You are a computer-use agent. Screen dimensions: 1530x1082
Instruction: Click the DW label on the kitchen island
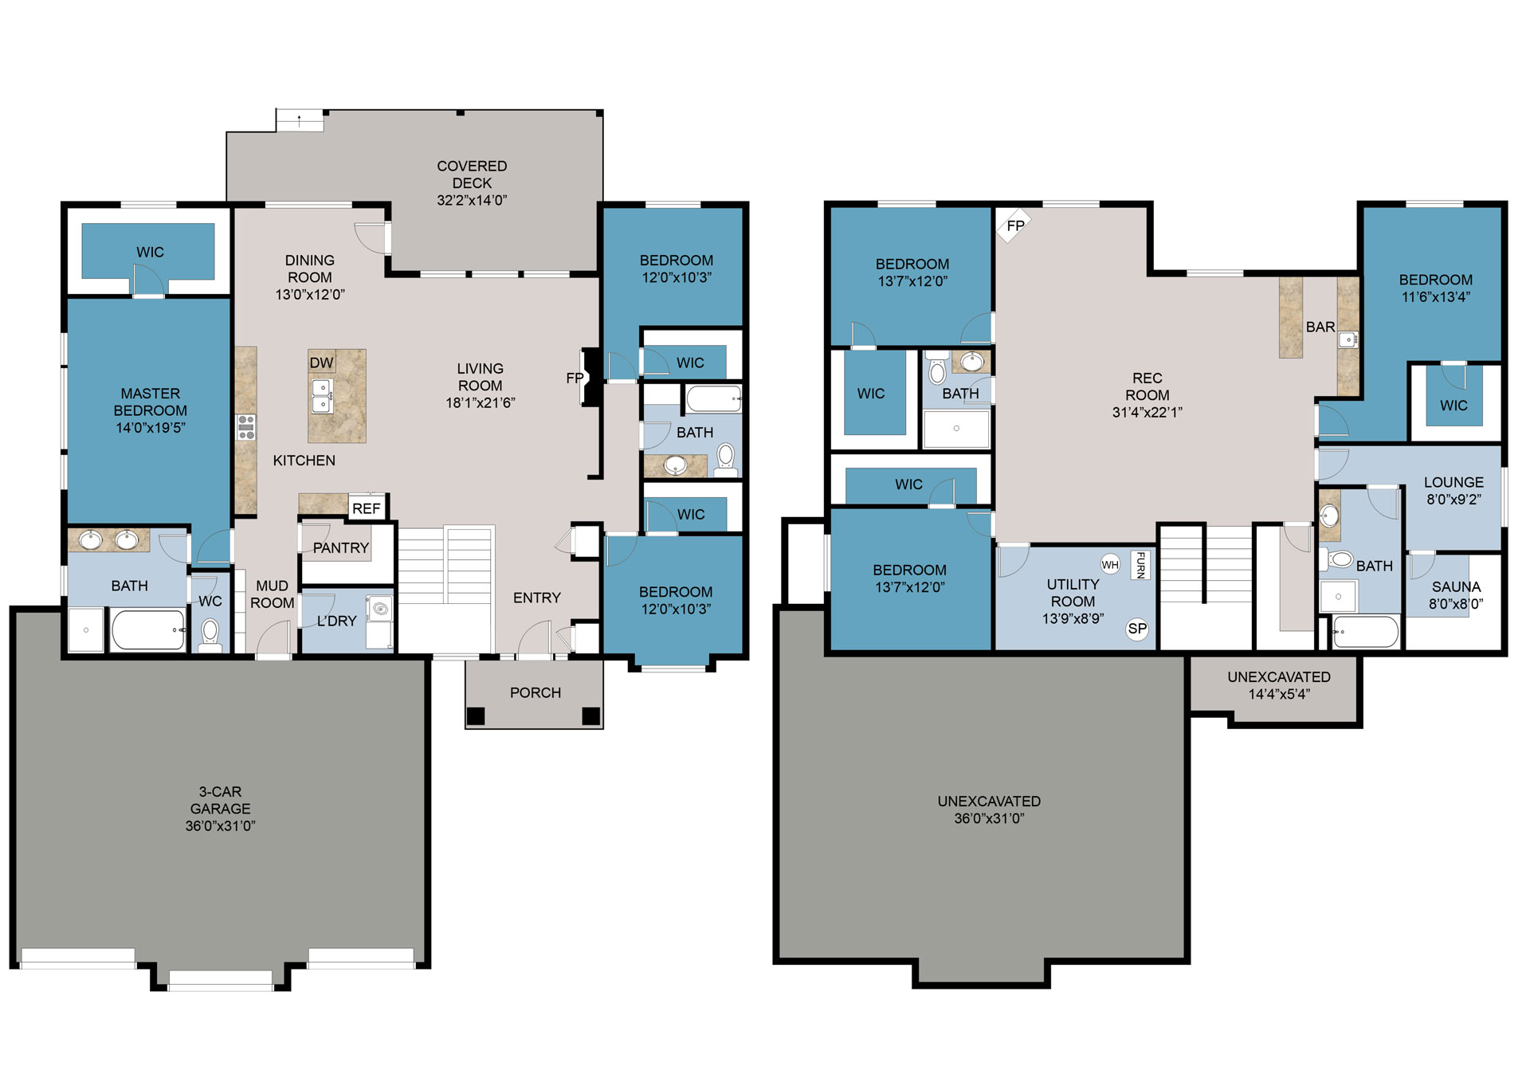(321, 363)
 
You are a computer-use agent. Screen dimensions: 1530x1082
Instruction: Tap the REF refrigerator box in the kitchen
(367, 508)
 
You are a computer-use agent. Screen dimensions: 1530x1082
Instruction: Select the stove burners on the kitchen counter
(246, 427)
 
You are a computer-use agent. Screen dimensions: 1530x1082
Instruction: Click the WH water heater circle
(1110, 565)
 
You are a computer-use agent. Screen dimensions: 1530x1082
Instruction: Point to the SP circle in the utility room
(1137, 629)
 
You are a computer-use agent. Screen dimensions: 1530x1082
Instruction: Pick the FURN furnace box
(1140, 565)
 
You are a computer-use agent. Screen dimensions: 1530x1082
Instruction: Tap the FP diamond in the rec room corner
(1014, 225)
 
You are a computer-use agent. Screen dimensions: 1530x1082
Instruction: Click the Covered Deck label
(472, 183)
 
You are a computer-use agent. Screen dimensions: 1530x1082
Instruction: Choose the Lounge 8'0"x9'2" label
(1453, 491)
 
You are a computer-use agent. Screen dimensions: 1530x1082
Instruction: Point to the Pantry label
(340, 548)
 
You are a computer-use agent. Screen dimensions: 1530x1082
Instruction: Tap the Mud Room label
(273, 594)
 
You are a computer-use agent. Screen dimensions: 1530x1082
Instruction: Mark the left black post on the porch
(475, 716)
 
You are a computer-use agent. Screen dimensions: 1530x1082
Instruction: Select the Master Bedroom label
(151, 410)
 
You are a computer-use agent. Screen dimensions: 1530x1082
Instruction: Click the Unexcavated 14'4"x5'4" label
(1279, 685)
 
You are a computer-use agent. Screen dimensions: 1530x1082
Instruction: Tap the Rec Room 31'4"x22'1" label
(1147, 395)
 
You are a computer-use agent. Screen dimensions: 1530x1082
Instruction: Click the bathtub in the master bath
(148, 630)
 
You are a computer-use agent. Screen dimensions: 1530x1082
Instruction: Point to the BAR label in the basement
(1320, 327)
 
